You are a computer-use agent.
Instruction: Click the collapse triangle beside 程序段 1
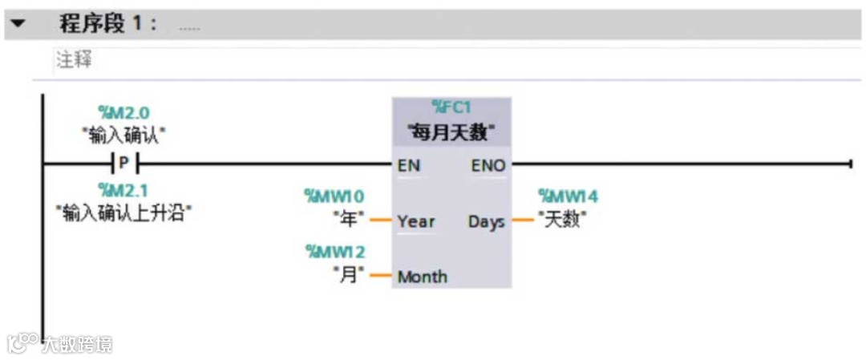(x=18, y=23)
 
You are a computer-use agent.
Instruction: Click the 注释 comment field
(x=73, y=61)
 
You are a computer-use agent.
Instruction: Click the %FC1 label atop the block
(x=451, y=107)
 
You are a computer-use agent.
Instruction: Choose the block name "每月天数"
(x=451, y=129)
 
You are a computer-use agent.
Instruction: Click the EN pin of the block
(x=408, y=166)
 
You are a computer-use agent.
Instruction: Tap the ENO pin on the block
(x=488, y=166)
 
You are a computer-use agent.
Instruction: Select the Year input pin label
(x=415, y=221)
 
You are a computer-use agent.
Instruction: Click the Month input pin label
(x=422, y=277)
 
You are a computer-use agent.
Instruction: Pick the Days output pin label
(x=486, y=221)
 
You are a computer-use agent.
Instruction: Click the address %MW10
(x=334, y=196)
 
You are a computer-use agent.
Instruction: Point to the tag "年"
(x=349, y=218)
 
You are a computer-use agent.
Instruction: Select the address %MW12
(x=335, y=252)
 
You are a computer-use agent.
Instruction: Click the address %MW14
(x=568, y=196)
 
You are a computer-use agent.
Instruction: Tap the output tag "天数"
(x=561, y=219)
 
